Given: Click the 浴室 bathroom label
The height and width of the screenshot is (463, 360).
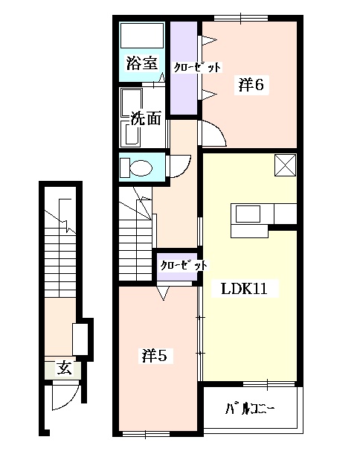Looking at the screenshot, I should click(x=141, y=63).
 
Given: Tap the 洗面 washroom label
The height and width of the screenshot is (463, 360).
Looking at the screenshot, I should click(x=146, y=118).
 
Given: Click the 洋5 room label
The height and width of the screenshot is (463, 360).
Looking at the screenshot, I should click(x=158, y=356).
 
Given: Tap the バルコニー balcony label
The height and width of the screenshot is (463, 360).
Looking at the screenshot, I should click(x=250, y=409).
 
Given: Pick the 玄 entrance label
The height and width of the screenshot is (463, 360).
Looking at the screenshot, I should click(x=65, y=368).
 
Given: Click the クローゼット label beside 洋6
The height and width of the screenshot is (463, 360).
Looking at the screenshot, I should click(x=197, y=68).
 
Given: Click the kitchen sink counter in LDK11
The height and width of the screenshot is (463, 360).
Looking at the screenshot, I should click(x=248, y=213).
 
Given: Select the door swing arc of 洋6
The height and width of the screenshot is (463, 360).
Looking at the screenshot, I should click(x=213, y=134).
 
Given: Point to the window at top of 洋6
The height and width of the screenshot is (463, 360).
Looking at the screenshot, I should click(x=240, y=17).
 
